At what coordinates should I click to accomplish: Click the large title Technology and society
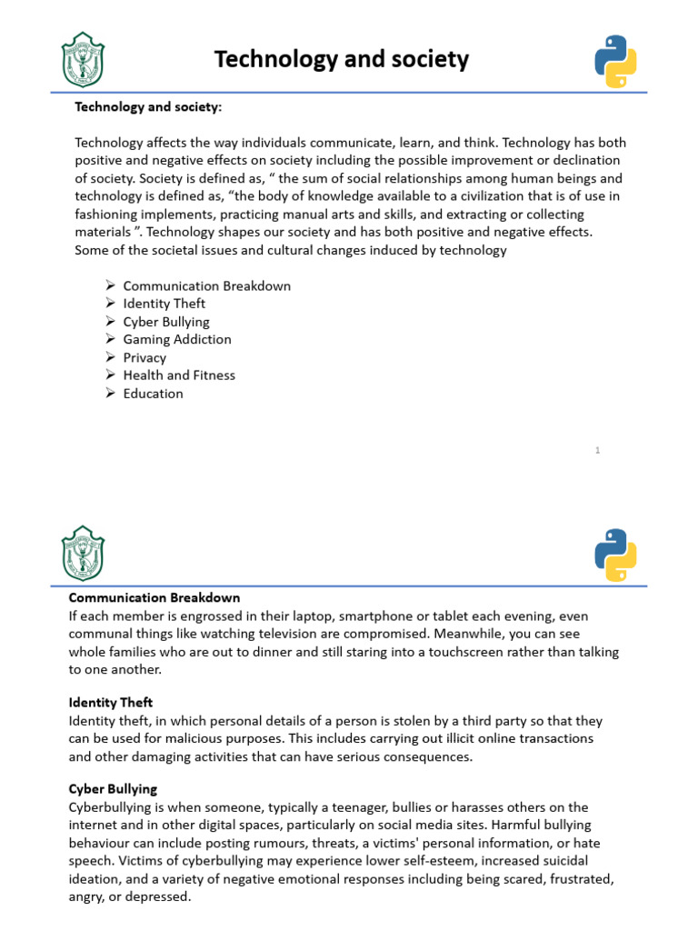342,60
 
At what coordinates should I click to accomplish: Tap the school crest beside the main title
83,59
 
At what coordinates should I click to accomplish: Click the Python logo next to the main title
615,61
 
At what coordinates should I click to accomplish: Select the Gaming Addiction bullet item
177,339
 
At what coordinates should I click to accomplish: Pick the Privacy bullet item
145,357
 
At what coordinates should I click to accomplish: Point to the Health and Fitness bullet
179,375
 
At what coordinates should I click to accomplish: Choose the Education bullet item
153,393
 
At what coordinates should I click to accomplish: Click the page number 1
598,450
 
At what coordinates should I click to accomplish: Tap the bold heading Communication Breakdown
155,597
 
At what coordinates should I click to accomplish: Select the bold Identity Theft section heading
111,702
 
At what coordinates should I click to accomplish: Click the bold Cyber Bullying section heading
113,789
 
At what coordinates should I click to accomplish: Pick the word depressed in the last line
156,896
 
